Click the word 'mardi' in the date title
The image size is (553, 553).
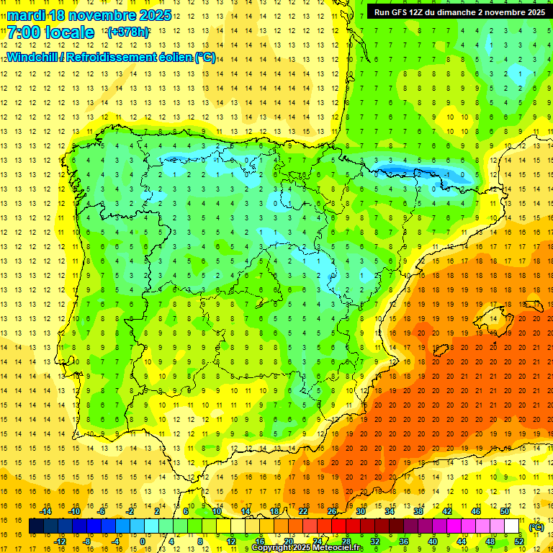(x=24, y=15)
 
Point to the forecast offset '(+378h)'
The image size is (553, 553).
(x=128, y=32)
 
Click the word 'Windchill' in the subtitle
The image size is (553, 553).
(x=31, y=57)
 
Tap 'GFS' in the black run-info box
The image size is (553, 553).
(x=401, y=12)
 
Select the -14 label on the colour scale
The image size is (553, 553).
(x=45, y=511)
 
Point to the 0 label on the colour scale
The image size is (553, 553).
(x=143, y=541)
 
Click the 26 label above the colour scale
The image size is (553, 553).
(x=332, y=511)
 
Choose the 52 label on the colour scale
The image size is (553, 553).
(x=519, y=541)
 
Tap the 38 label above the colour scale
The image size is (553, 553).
(x=418, y=511)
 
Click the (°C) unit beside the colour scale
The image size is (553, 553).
(x=536, y=527)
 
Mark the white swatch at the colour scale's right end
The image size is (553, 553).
(x=512, y=526)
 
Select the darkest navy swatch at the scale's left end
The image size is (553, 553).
(x=36, y=526)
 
